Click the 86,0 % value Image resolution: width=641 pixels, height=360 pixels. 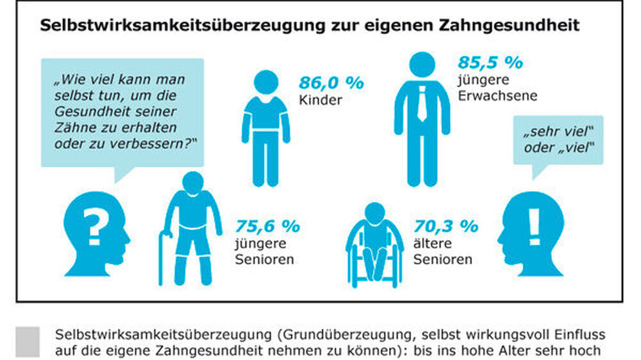[x=331, y=83]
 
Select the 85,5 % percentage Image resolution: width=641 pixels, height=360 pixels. [x=490, y=63]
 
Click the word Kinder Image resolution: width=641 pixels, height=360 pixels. [x=316, y=101]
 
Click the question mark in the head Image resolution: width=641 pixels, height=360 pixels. [x=94, y=226]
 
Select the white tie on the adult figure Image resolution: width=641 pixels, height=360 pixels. [x=422, y=103]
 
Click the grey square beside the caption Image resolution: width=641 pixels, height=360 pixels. [x=28, y=341]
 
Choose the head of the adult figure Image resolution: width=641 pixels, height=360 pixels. [x=422, y=65]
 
